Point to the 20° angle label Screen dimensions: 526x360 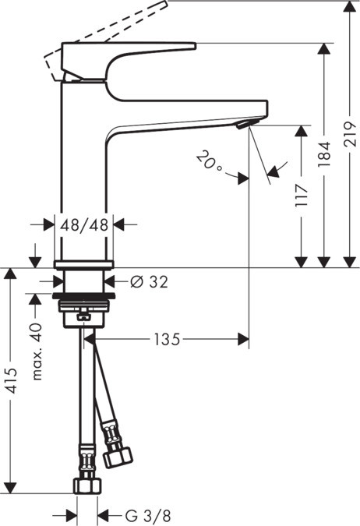click(x=209, y=163)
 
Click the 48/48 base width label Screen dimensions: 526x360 click(x=85, y=224)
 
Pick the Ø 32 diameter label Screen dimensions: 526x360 click(x=149, y=281)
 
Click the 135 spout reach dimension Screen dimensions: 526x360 click(x=168, y=339)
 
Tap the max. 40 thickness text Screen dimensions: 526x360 click(x=35, y=351)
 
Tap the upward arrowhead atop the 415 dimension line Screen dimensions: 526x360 click(x=9, y=273)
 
